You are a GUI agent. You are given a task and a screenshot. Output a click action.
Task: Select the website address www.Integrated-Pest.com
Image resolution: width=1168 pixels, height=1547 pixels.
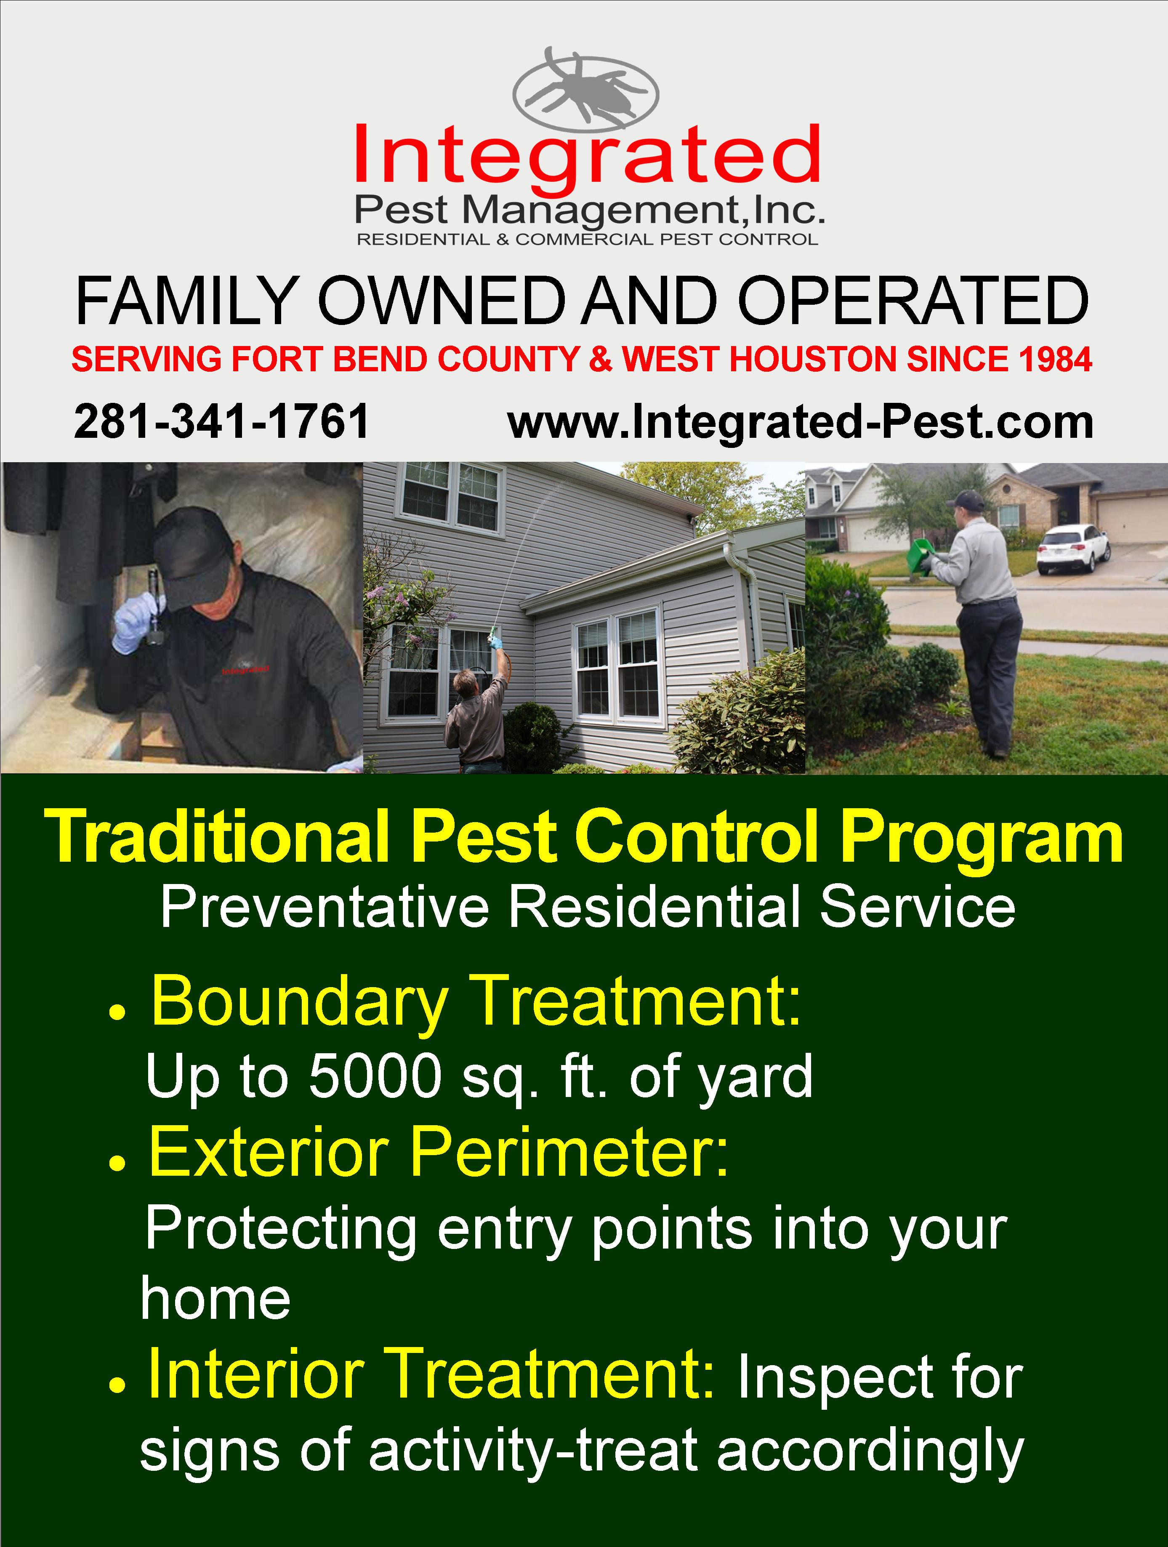(800, 423)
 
